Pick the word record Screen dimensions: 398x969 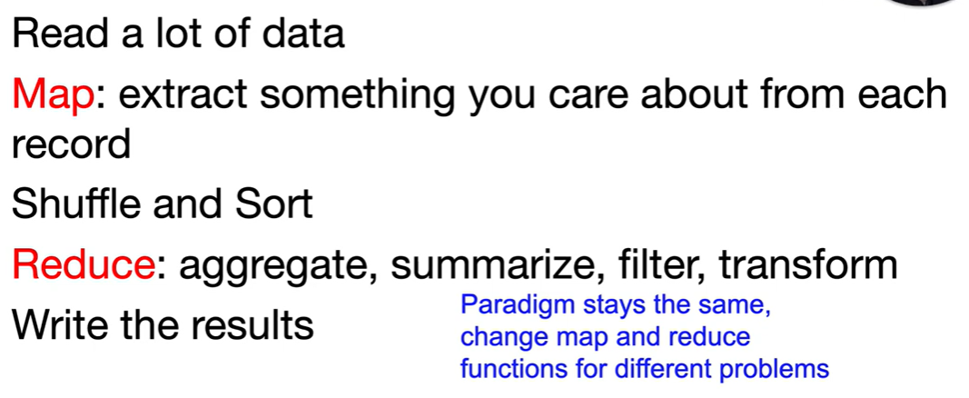pos(72,145)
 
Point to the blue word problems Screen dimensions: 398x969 pos(782,370)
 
